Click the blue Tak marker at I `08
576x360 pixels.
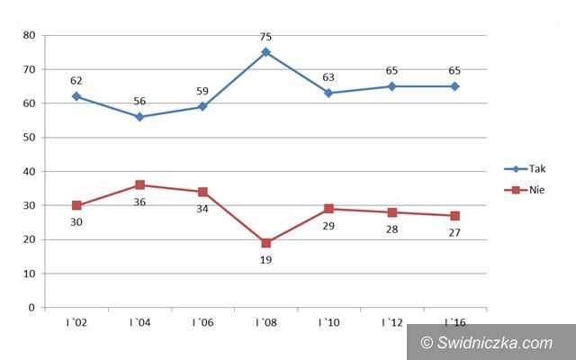point(265,52)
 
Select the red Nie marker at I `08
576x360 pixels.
point(265,243)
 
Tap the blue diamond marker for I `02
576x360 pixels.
point(76,96)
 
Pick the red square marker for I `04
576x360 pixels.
point(139,185)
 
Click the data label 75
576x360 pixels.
point(265,37)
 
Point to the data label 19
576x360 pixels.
point(265,259)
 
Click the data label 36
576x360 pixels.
point(139,202)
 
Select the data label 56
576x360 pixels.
point(139,102)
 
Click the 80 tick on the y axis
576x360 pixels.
point(30,35)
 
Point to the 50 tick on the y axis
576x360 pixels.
point(30,138)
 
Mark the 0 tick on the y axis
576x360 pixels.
point(32,308)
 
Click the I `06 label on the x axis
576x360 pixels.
point(202,322)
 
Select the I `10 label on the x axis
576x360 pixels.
point(328,322)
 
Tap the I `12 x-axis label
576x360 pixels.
point(391,322)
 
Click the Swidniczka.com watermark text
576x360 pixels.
point(494,342)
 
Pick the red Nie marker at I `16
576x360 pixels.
point(454,216)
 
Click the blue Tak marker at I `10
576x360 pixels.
point(328,93)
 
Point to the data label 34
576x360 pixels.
point(202,209)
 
